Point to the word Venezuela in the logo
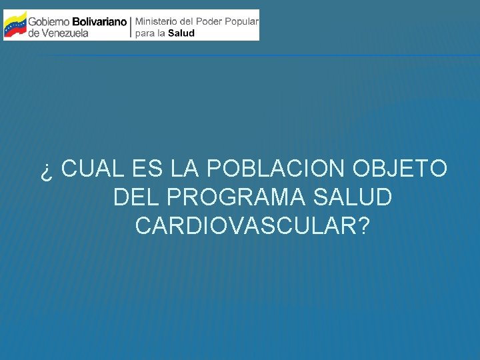(65, 33)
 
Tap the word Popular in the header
(241, 21)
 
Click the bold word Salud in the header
(181, 33)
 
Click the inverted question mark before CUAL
(45, 171)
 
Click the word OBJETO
(400, 169)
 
